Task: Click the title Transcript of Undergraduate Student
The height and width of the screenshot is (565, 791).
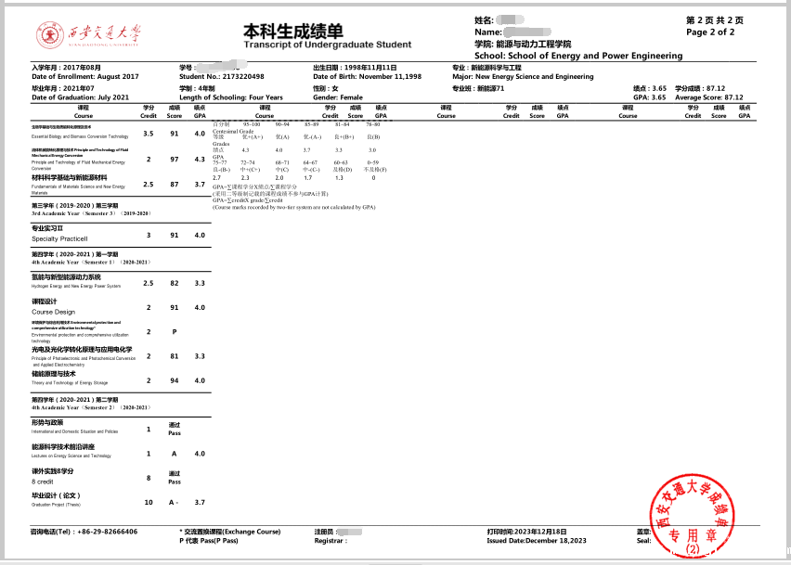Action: (x=327, y=44)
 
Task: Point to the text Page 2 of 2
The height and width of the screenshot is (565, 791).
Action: (x=709, y=32)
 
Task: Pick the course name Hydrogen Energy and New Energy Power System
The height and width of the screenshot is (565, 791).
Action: (x=76, y=286)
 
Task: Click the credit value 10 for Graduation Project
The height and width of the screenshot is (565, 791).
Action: (x=149, y=502)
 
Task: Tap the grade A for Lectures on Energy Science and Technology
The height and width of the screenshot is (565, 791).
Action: (x=175, y=454)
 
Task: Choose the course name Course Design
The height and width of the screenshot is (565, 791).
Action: (x=53, y=312)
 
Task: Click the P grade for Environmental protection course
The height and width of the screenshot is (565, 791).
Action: (x=175, y=331)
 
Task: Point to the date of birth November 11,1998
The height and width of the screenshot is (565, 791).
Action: (x=368, y=76)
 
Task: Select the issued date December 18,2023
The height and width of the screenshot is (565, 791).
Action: (x=537, y=539)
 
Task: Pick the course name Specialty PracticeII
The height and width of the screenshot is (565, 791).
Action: (x=59, y=239)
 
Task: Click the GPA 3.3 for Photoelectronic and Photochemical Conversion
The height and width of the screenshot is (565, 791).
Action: (x=199, y=355)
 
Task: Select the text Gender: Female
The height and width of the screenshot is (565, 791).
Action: (x=338, y=96)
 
